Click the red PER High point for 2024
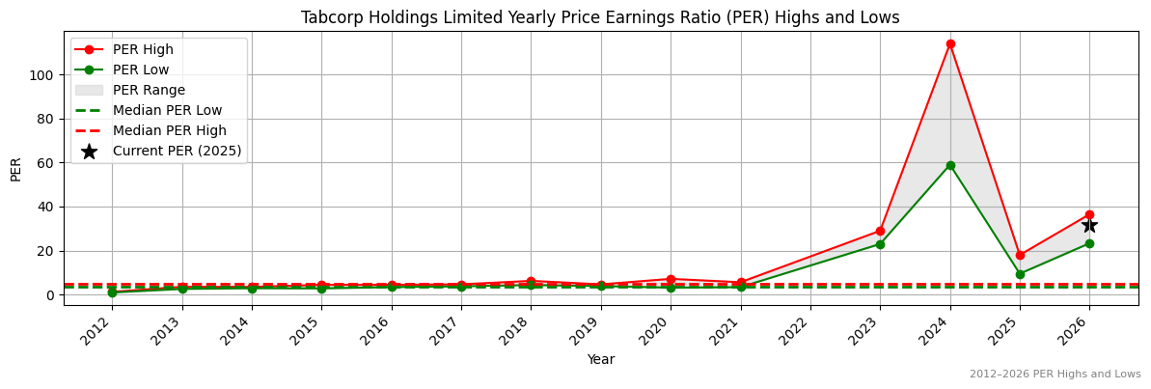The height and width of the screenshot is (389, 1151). [x=950, y=43]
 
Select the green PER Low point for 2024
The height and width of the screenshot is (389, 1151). [x=950, y=165]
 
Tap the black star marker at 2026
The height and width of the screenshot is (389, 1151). [x=1089, y=225]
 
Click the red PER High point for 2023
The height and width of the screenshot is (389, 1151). [x=880, y=231]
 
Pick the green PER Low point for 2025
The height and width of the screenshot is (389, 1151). [x=1020, y=274]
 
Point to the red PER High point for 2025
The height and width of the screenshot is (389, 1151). [x=1020, y=255]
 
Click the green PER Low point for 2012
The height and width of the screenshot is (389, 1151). [x=112, y=292]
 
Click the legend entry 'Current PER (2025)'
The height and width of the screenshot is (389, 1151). [x=177, y=151]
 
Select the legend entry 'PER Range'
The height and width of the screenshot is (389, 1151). [x=149, y=90]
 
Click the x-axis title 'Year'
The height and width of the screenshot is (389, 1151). [x=600, y=359]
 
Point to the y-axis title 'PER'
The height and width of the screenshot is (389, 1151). [x=15, y=168]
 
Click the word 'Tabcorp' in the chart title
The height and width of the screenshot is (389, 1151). [x=328, y=17]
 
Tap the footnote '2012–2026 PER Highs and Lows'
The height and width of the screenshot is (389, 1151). [x=1055, y=374]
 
